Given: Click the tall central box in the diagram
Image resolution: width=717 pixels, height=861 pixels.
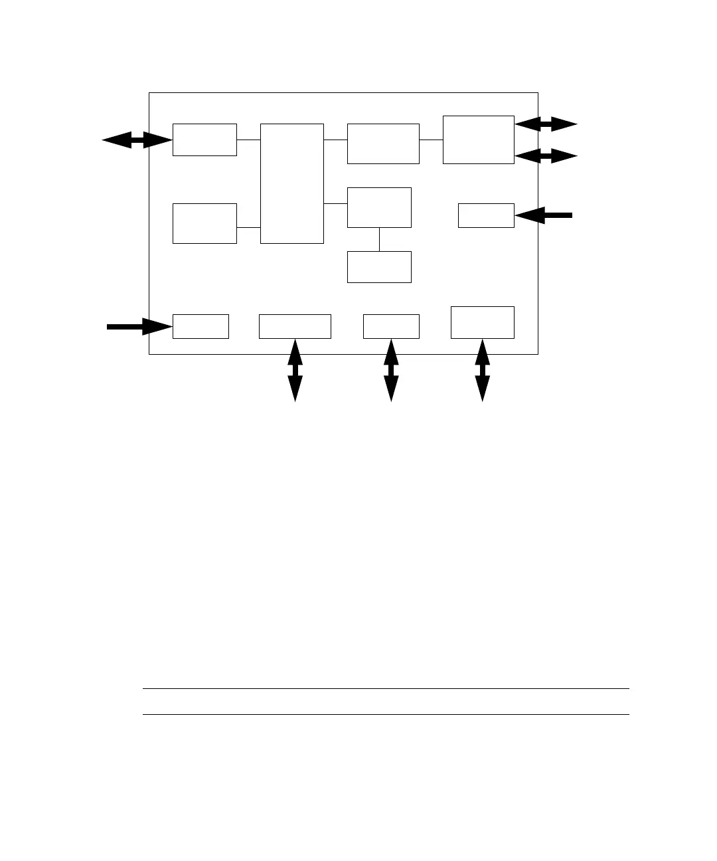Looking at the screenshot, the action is coord(292,183).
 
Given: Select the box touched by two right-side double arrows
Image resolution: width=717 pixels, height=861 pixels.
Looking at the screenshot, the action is coord(478,140).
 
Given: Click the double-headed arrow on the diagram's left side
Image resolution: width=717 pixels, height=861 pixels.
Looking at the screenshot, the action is coord(137,140).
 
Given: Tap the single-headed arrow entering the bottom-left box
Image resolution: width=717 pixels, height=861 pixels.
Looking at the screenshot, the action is coord(139,326).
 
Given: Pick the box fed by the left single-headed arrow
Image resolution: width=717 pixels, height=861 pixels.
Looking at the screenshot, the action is coord(200,326).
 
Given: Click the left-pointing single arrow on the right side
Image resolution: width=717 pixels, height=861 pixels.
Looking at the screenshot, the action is coord(543,215).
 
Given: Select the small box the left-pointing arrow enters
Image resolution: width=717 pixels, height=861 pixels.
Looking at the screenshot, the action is coord(486,215).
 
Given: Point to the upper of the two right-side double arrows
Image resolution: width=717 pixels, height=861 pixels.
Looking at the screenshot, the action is coord(546,124).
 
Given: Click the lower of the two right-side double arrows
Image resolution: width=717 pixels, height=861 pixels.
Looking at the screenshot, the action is coord(546,155).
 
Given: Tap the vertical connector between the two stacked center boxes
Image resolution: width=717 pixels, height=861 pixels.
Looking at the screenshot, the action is coord(379,239).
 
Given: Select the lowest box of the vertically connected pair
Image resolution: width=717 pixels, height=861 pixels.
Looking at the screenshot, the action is coord(379,266).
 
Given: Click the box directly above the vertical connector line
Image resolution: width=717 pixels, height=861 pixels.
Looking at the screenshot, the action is coord(379,207).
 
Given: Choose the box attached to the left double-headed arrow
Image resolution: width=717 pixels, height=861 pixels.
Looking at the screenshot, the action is coord(204,140).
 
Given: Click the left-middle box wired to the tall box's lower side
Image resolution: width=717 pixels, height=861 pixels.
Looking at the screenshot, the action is coord(204,223).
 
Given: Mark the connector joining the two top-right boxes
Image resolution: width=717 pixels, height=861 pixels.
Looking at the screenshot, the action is coord(431,140).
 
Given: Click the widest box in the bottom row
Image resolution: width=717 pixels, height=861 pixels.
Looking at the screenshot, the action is coord(295,326).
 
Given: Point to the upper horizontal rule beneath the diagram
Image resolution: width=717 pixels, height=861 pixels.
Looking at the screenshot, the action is coord(386,689).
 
